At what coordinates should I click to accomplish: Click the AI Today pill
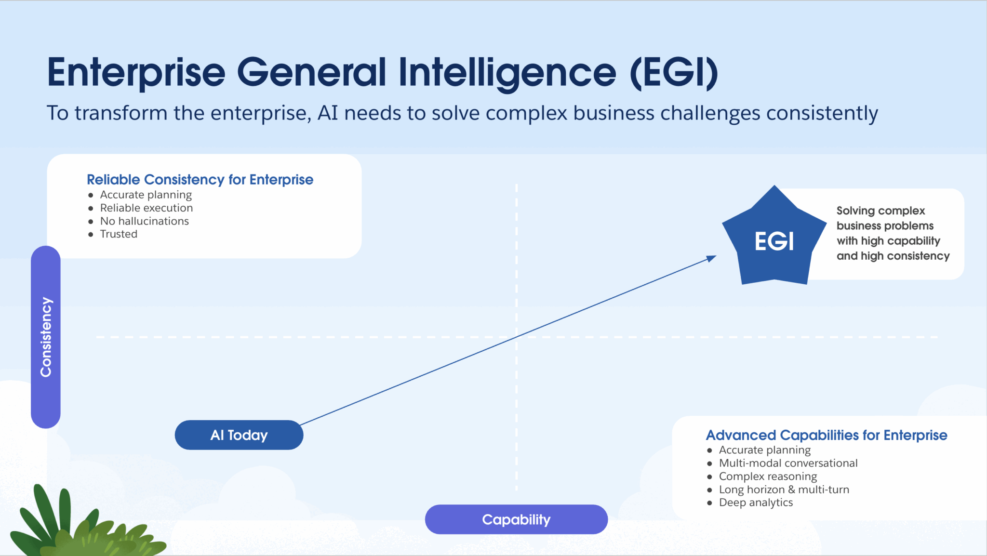click(x=239, y=435)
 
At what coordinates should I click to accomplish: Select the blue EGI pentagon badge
click(x=774, y=240)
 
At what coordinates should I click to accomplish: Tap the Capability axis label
click(x=516, y=519)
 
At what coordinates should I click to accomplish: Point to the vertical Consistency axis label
click(x=46, y=337)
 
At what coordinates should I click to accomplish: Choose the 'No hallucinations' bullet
click(x=144, y=221)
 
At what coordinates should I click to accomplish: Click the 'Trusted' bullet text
click(x=119, y=234)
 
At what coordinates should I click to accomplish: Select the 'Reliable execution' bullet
click(x=146, y=208)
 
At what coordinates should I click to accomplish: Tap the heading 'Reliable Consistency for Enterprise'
click(x=200, y=180)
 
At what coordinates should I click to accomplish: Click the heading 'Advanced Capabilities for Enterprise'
click(x=827, y=435)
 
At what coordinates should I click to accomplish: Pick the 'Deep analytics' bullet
click(x=756, y=503)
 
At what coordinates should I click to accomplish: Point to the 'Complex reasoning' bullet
click(x=768, y=477)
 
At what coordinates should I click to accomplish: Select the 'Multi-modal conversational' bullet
click(x=788, y=463)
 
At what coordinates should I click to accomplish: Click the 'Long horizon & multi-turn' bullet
click(x=784, y=490)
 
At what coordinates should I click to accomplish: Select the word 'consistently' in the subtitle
click(x=822, y=114)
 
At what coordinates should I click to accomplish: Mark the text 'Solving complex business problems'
click(x=885, y=218)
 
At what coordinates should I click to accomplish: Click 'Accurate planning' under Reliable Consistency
click(x=146, y=195)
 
